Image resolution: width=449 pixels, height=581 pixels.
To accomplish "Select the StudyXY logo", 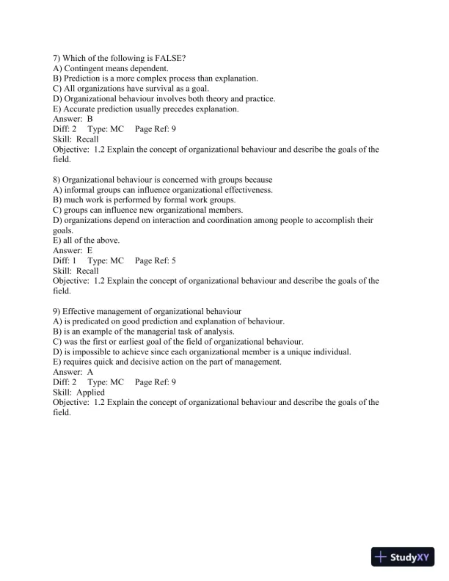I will point(403,557).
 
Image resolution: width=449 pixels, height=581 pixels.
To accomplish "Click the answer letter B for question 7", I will point(90,118).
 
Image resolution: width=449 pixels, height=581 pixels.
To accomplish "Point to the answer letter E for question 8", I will point(90,250).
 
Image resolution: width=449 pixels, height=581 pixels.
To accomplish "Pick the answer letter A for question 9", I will point(90,372).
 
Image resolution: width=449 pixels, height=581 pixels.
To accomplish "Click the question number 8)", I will point(58,180).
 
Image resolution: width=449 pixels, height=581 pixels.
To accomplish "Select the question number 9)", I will point(58,311).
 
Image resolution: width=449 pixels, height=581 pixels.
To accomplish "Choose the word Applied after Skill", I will point(94,392).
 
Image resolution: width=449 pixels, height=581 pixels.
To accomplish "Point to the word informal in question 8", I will point(80,189).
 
